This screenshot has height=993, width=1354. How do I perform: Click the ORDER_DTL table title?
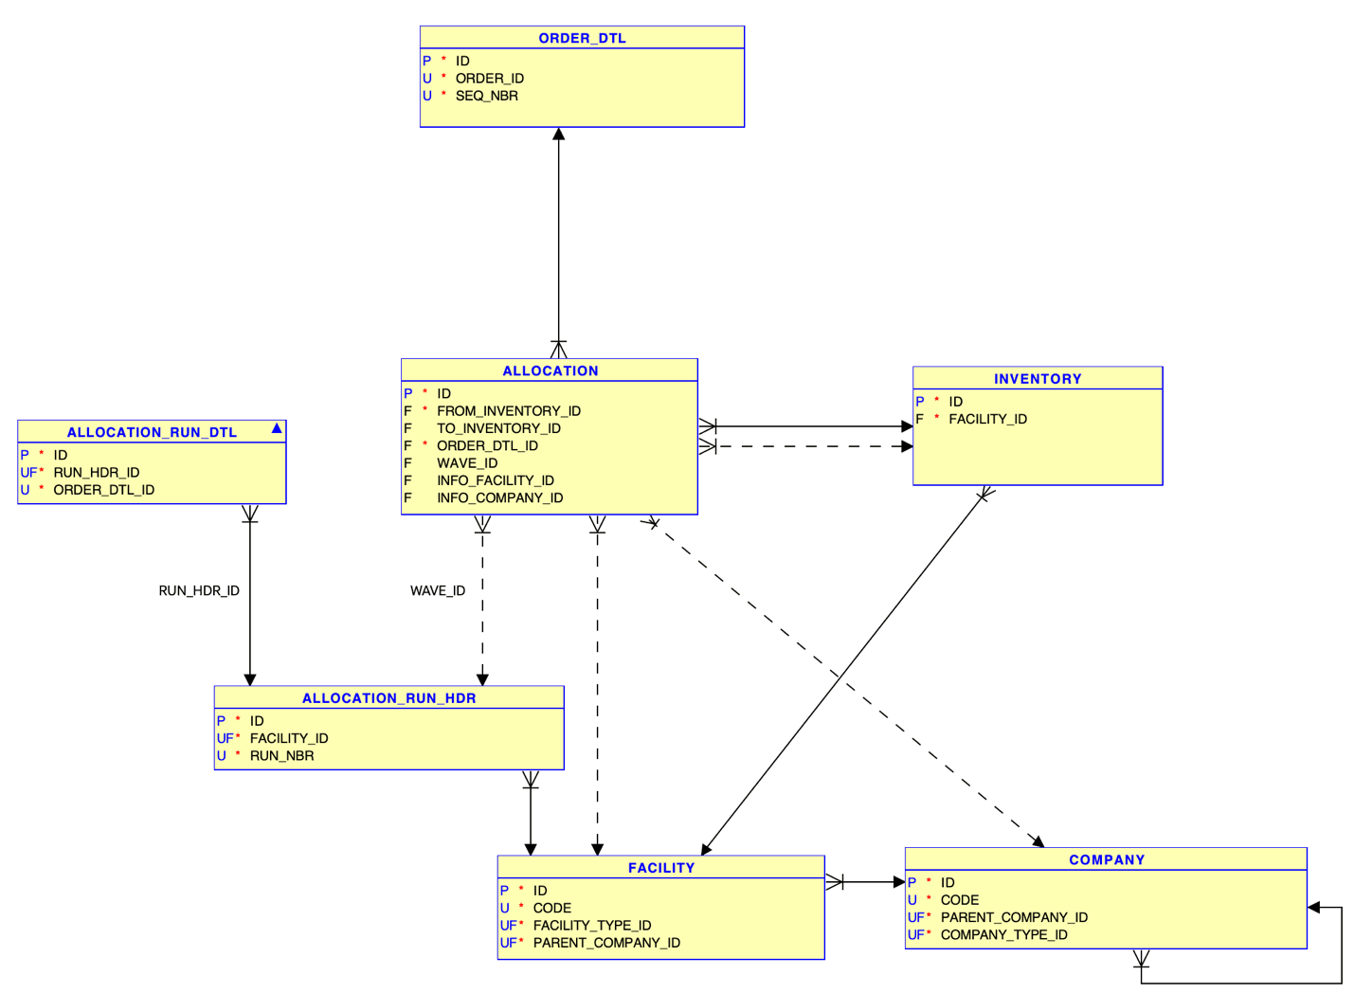point(582,38)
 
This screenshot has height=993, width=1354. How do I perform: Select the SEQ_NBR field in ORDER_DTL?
point(486,96)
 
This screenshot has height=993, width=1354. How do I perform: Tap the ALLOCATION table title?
point(550,370)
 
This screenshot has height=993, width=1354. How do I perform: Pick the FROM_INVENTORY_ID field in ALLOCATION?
point(508,411)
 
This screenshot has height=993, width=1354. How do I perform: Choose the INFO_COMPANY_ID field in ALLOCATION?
point(499,498)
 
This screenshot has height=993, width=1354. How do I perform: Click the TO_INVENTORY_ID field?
point(498,428)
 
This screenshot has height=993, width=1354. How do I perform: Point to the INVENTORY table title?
point(1037,378)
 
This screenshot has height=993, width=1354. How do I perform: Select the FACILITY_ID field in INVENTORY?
point(987,419)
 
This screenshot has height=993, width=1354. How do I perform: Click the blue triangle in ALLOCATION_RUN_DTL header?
point(277,429)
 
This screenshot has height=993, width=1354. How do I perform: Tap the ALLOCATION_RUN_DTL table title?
point(152,432)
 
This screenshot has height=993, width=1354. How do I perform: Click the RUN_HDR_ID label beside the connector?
point(199,590)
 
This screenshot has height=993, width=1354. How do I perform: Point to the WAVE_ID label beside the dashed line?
point(438,590)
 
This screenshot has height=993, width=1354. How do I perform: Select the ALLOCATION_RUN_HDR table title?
point(388,698)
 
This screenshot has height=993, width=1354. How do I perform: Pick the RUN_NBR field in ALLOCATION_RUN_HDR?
point(281,756)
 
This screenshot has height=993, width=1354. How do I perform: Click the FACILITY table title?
point(660,868)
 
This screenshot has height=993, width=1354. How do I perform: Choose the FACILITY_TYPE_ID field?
point(591,926)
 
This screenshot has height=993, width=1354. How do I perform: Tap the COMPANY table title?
point(1106,860)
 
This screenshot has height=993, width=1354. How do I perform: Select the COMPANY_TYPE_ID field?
point(1003,935)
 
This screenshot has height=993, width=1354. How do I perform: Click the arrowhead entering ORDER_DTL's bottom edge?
point(559,135)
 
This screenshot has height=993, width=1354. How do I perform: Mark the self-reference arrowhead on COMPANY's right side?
point(1314,908)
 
